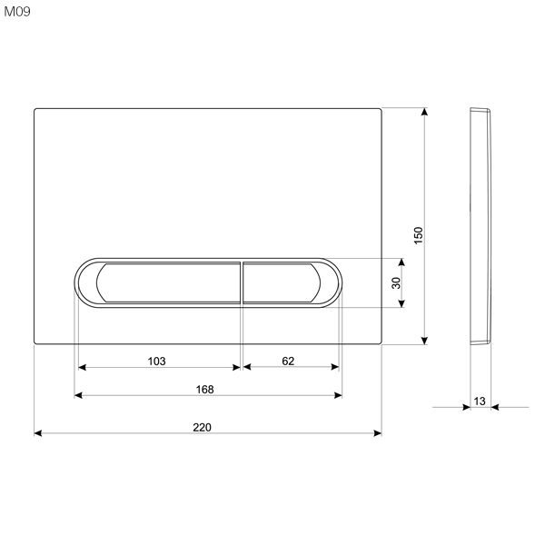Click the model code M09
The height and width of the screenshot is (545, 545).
click(x=16, y=13)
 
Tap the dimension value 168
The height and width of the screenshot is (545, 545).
click(x=205, y=389)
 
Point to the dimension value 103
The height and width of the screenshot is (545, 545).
click(x=156, y=361)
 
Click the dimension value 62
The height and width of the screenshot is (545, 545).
click(x=288, y=361)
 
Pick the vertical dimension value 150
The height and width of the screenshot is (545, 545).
click(x=418, y=233)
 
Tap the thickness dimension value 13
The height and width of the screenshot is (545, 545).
click(x=480, y=400)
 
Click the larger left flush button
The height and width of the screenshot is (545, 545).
click(x=169, y=282)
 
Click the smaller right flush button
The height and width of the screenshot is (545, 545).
click(x=281, y=282)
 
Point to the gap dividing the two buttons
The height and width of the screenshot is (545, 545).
click(x=242, y=282)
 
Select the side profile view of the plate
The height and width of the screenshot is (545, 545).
click(x=480, y=227)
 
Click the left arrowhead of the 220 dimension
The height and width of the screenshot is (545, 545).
click(x=38, y=433)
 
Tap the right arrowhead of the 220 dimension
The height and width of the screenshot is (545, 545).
click(x=377, y=433)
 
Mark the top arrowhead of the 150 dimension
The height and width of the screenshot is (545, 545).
click(x=424, y=113)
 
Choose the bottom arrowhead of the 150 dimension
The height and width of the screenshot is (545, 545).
click(x=424, y=341)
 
